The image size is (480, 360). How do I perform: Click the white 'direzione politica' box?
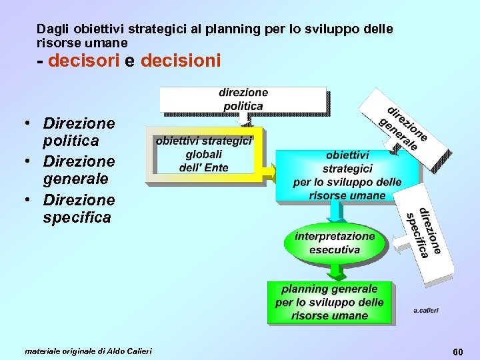[243, 99]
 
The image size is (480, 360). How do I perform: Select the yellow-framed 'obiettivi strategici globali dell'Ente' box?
[203, 154]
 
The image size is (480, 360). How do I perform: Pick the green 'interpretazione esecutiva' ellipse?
[335, 243]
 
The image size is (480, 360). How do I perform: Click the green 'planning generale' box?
[329, 302]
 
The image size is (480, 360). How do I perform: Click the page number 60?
[457, 351]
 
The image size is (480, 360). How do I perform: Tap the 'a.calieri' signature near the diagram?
[426, 311]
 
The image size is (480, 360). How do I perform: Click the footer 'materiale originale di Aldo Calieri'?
[87, 351]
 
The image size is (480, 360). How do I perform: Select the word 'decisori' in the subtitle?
[84, 61]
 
